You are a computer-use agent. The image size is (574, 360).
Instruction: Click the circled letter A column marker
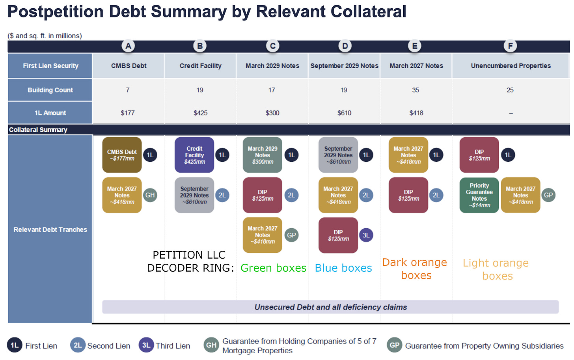[128, 46]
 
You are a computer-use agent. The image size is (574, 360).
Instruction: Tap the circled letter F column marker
[510, 46]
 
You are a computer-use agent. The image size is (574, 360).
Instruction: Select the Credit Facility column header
[200, 66]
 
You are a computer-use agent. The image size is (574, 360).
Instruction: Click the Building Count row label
[50, 90]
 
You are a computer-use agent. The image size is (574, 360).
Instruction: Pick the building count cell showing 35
[416, 90]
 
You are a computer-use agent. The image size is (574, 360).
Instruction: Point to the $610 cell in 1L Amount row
[344, 113]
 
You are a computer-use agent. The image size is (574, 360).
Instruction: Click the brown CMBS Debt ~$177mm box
[122, 155]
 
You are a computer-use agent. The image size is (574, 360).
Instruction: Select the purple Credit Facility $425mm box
[194, 155]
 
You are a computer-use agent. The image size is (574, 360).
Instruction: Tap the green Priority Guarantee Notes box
[479, 195]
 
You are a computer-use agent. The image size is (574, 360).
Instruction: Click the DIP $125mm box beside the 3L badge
[338, 235]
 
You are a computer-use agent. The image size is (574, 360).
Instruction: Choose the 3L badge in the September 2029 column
[366, 235]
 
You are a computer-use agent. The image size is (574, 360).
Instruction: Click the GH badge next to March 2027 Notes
[150, 195]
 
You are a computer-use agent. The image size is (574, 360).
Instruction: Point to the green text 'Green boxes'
[273, 268]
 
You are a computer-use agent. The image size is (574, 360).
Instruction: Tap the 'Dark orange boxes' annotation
[415, 269]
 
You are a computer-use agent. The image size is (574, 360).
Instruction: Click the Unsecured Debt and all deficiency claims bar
[330, 307]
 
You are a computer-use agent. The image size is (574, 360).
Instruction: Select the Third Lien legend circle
[146, 345]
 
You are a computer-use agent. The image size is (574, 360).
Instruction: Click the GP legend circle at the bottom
[394, 345]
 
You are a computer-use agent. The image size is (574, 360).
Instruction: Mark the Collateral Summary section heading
[38, 130]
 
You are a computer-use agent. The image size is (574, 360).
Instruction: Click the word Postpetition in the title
[56, 12]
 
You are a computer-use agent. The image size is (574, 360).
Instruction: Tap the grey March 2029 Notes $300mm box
[262, 155]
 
